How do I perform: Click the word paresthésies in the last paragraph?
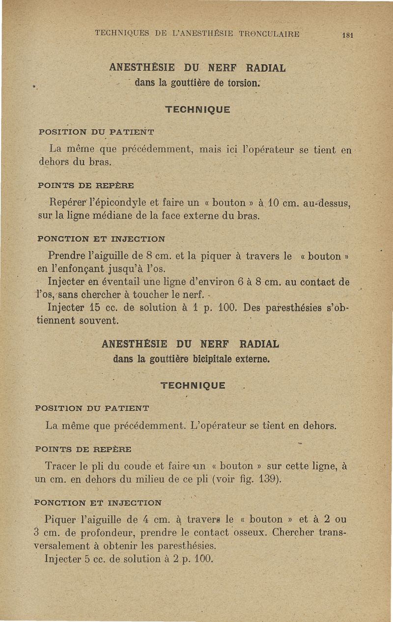click(188, 546)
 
